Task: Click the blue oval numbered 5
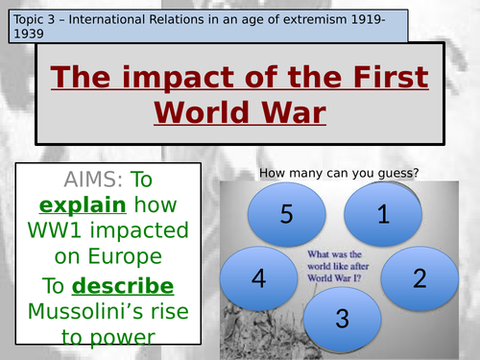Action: (x=286, y=214)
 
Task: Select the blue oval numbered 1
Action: (x=382, y=215)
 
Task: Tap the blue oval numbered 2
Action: (x=418, y=278)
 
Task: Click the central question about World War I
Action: (x=338, y=267)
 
